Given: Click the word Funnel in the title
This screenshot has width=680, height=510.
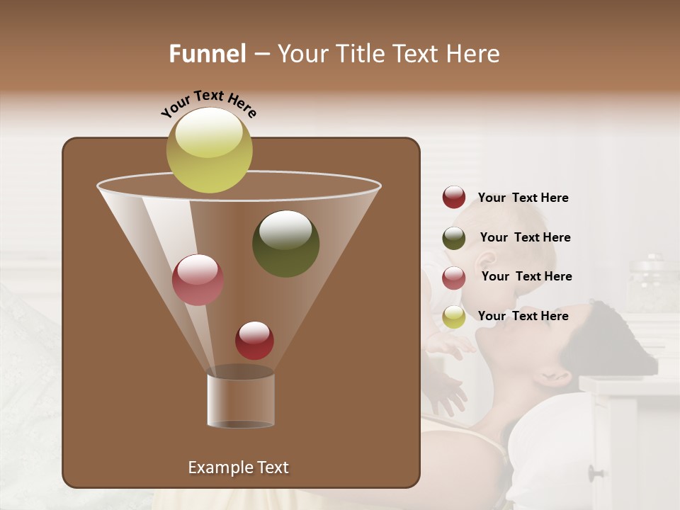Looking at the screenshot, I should coord(207,54).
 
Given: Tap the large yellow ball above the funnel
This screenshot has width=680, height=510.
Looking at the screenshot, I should coord(209,149).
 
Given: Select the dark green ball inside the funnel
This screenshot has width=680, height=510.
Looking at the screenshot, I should coord(285,244).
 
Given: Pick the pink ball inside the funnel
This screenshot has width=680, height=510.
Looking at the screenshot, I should coord(198,280).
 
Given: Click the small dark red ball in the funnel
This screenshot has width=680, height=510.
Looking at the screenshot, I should coord(254,340).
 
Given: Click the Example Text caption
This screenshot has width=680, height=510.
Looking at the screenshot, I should coord(238,467).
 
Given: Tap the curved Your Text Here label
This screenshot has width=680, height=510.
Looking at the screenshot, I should coord(208,103).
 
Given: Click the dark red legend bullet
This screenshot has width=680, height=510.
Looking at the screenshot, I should coord(454,198).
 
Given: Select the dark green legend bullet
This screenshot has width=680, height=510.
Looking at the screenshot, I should coord(454,238).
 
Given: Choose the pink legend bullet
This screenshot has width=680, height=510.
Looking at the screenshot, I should coord(454,278).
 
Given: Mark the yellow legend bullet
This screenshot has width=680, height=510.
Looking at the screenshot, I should coord(454,317).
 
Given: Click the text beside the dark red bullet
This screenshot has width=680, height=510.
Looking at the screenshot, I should coord(523,198).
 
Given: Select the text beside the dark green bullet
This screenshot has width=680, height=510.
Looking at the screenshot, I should coord(525,237).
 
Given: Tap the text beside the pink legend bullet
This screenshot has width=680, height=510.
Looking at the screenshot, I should coord(526,276).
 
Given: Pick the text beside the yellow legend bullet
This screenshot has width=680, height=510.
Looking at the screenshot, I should coord(523,316).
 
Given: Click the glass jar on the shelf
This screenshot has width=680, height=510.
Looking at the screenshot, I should coord(651,283).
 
